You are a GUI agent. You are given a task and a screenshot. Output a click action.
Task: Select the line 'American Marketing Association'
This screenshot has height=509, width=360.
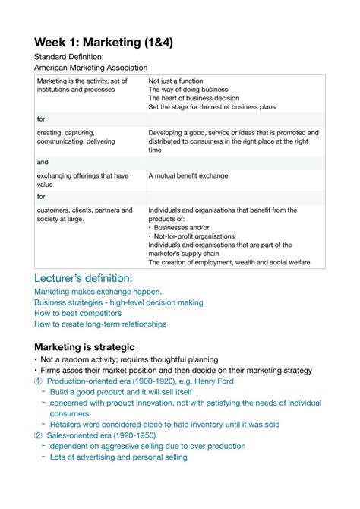tap(91, 68)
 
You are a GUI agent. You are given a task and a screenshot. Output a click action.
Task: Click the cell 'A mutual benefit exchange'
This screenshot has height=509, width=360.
tap(188, 175)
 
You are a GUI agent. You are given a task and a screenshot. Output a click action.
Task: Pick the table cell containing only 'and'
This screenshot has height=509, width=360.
tap(42, 162)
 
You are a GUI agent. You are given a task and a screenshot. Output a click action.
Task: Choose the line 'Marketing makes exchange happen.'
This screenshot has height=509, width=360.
tap(98, 292)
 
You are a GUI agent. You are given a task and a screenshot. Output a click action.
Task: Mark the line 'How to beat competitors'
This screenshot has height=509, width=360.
tap(77, 313)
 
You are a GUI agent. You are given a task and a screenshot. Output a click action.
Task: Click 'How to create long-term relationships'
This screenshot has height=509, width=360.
tap(100, 324)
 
